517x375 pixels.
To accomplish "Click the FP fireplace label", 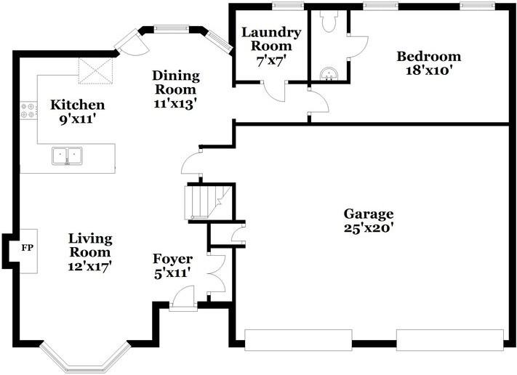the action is [28, 248].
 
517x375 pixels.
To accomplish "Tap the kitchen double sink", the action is [68, 156].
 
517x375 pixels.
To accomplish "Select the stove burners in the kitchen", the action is [28, 110].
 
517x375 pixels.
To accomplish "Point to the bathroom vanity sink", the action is [329, 74].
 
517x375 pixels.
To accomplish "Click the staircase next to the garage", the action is [209, 202].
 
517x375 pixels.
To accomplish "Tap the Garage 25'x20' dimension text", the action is [368, 228].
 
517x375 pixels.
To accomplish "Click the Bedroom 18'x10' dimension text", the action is [428, 70].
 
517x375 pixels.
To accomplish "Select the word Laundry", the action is [271, 33].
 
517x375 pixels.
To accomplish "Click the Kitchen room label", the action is [78, 105].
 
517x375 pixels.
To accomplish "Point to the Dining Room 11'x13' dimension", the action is [175, 103].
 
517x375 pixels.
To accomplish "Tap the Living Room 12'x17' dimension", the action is [89, 267].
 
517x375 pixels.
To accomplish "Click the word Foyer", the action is [173, 259].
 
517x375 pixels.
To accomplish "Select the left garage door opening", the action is [298, 339].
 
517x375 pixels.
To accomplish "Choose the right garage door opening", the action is [450, 339].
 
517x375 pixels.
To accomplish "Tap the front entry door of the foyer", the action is [183, 298].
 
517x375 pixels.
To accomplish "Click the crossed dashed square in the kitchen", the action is [95, 70].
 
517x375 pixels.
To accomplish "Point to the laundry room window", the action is [288, 6].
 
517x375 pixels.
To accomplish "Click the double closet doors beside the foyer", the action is [217, 273].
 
